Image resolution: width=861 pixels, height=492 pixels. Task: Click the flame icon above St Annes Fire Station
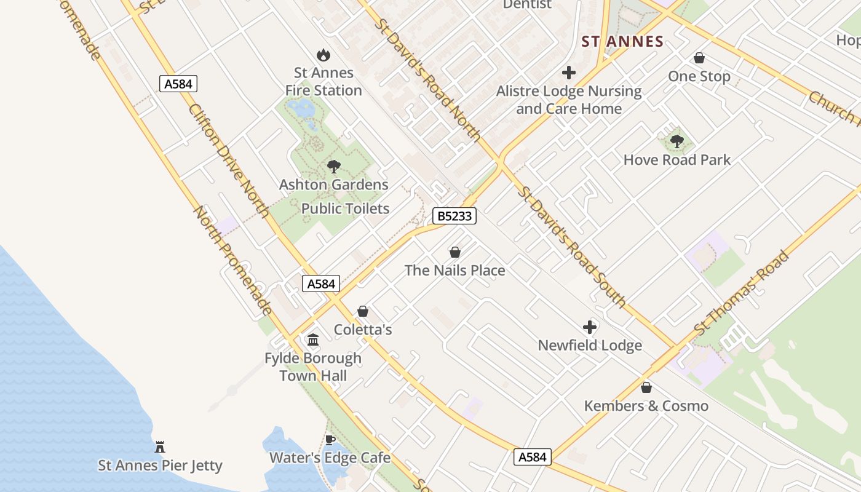click(323, 55)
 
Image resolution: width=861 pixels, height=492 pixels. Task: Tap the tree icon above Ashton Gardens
click(334, 166)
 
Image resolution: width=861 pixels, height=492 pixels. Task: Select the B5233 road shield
click(454, 216)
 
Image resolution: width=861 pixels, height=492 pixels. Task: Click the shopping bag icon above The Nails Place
click(455, 252)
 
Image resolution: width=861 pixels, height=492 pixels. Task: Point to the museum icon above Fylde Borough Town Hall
click(313, 339)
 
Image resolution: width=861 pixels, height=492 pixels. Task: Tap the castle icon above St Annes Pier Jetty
click(160, 446)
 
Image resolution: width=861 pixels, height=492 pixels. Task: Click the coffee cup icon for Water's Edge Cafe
click(330, 440)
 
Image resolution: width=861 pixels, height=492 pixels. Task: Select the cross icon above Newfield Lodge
click(590, 327)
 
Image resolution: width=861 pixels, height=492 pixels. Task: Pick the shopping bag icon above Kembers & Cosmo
click(646, 387)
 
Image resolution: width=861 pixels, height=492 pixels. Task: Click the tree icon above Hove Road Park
click(677, 141)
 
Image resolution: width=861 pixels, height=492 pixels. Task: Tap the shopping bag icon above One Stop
click(699, 58)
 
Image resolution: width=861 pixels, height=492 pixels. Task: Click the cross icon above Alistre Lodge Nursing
click(569, 73)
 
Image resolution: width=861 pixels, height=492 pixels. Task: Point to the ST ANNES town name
click(622, 42)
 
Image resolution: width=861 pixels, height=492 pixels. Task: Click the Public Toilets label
click(345, 208)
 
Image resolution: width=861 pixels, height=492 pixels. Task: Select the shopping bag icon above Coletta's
click(363, 312)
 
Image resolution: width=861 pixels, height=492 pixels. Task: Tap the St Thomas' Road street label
click(741, 293)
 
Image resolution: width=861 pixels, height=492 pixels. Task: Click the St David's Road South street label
click(572, 246)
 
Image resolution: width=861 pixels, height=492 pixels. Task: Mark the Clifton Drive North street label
click(228, 160)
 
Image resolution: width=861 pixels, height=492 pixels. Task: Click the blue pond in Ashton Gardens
click(301, 109)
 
